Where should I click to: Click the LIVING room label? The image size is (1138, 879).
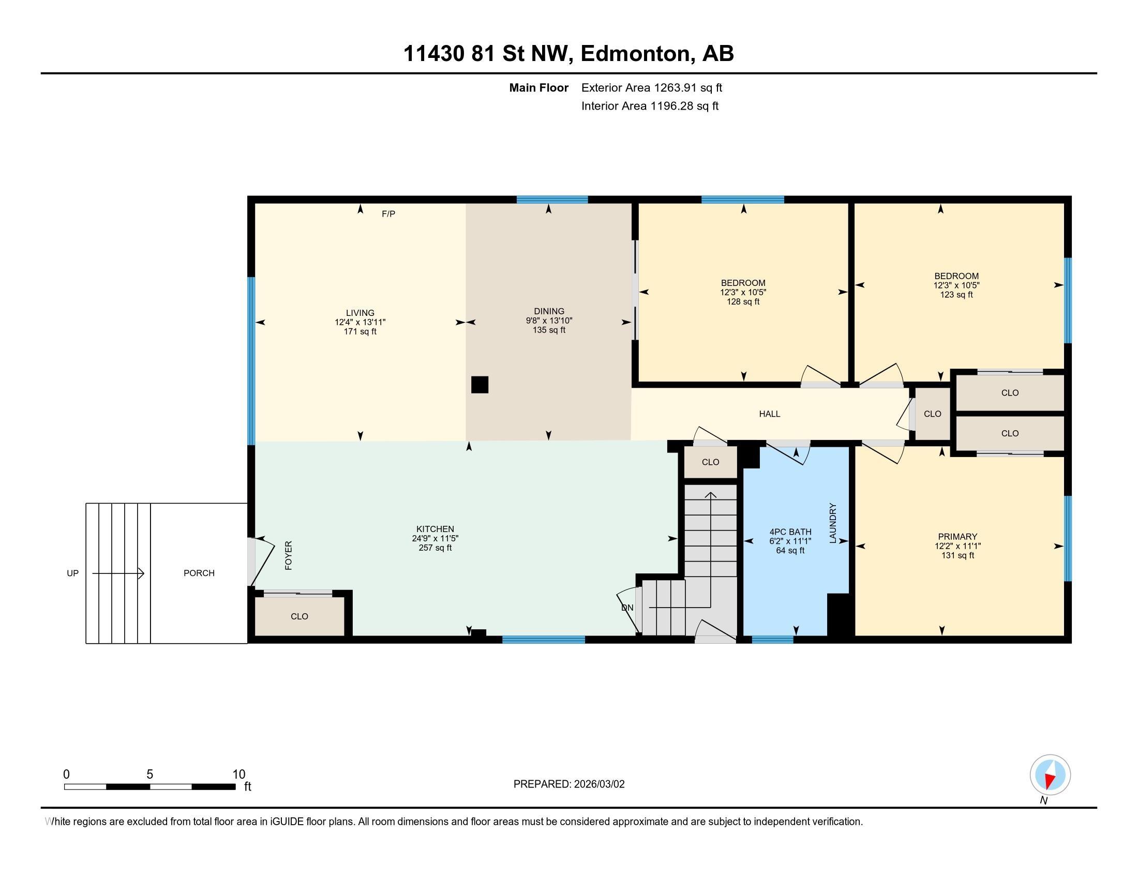point(360,313)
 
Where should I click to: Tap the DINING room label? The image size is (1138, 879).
point(549,311)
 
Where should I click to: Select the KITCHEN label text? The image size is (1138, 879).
point(435,529)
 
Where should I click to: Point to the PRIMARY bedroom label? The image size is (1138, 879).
point(957,536)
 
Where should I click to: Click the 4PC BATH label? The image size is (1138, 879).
point(790,532)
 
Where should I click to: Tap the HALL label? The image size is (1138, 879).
point(770,414)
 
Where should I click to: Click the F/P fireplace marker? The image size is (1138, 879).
point(388,214)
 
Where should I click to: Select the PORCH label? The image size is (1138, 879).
point(199,573)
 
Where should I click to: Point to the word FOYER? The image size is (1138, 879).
point(289,555)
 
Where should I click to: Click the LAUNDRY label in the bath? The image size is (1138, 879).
point(833,523)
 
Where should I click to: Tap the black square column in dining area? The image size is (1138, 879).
point(480,385)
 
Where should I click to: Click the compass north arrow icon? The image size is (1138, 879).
point(1051,775)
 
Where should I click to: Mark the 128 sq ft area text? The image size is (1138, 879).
point(743,301)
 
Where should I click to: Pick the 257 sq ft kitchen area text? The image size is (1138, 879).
point(435,548)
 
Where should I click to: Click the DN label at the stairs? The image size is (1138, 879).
point(627,608)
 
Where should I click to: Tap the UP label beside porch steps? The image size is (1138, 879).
point(72,573)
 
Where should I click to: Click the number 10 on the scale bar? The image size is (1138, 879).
point(239,775)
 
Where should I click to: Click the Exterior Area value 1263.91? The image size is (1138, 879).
point(675,87)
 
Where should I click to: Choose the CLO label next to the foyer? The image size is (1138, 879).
point(300,616)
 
